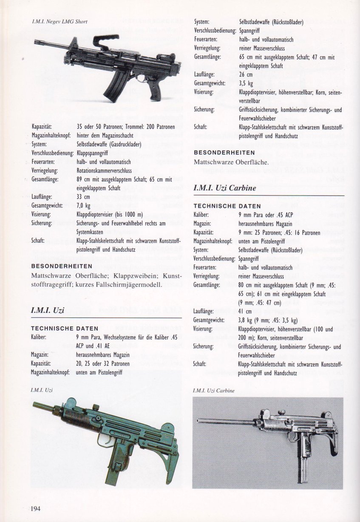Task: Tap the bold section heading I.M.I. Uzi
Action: click(48, 310)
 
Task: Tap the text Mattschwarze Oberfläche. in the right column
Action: click(230, 162)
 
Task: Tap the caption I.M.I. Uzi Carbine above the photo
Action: click(213, 390)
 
